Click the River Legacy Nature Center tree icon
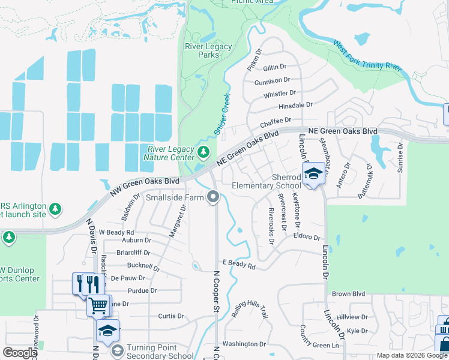coord(204,152)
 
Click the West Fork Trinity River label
coord(367,56)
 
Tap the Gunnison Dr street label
coord(272,80)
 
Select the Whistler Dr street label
coord(280,94)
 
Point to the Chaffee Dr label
coord(276,122)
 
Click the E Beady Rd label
coord(239,265)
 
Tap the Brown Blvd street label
coord(349,294)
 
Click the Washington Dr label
coord(244,344)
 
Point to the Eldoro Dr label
coord(307,236)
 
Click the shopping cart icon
coord(99,305)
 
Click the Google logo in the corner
coord(20,353)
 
